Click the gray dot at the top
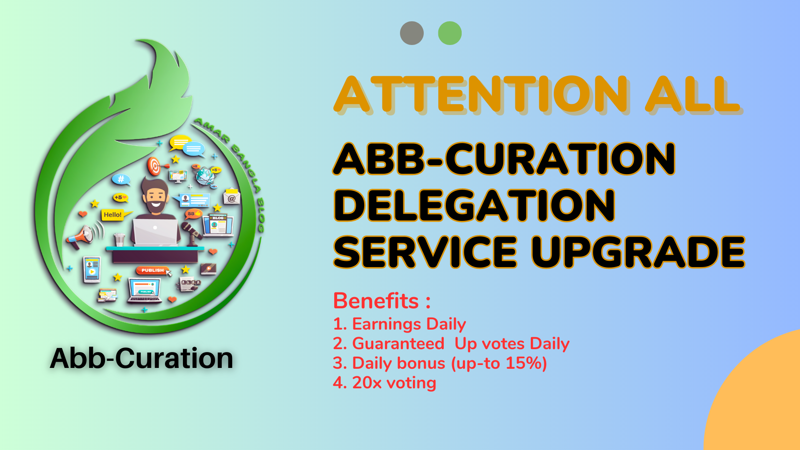click(412, 33)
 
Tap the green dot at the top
click(450, 33)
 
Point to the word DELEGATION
click(474, 205)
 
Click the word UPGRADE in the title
click(638, 252)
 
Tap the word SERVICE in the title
click(425, 252)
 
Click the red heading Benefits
click(376, 300)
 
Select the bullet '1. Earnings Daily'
click(399, 324)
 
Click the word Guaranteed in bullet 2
click(398, 343)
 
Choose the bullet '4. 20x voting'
click(385, 382)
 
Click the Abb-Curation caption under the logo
click(142, 358)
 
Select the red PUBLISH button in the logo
click(152, 270)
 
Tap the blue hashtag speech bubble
click(121, 180)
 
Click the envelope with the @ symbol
click(232, 197)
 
